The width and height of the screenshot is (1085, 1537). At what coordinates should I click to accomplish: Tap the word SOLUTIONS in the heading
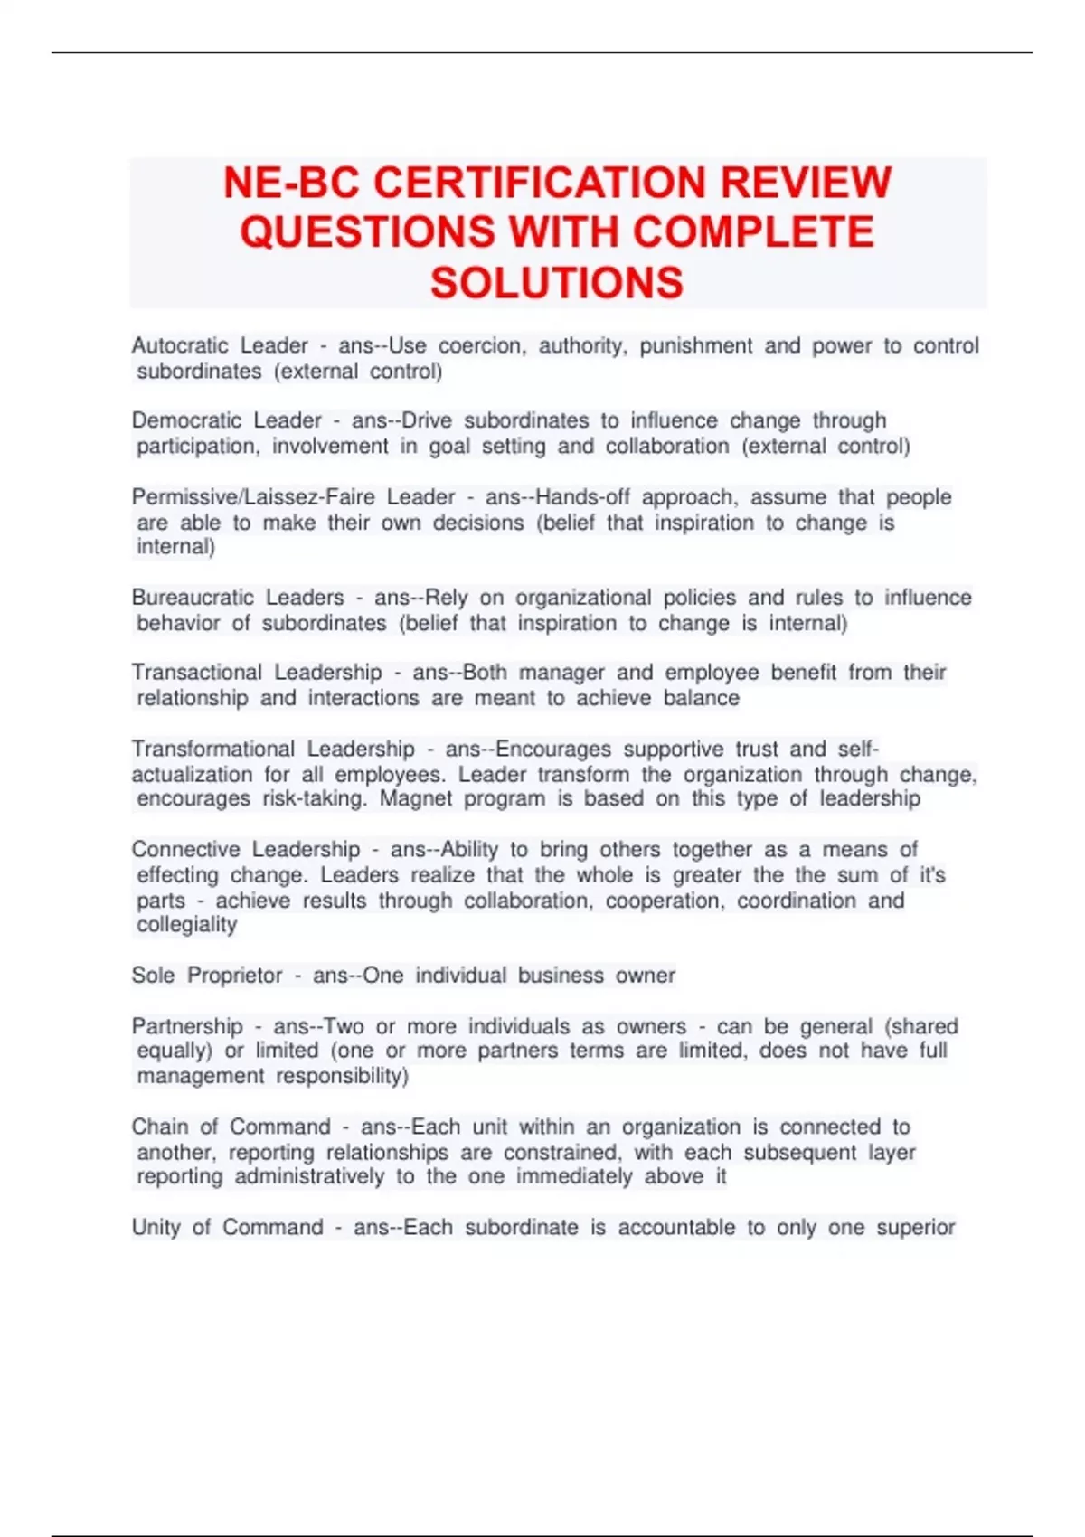coord(556,283)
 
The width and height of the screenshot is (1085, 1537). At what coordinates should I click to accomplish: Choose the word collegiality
coord(187,925)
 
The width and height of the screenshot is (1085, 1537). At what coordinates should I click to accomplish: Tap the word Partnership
coord(187,1027)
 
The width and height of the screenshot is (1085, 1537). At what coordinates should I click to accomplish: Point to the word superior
coord(915,1228)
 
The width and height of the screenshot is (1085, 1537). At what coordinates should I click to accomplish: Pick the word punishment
coord(696,345)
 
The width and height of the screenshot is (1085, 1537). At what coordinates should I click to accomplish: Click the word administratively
coord(310,1177)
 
